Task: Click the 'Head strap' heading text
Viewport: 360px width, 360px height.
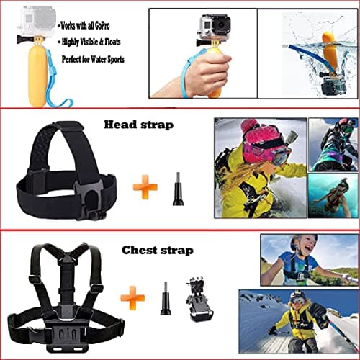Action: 139,125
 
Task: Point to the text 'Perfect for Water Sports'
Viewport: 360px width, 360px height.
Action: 93,60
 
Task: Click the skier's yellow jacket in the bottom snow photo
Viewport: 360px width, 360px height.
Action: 298,317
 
